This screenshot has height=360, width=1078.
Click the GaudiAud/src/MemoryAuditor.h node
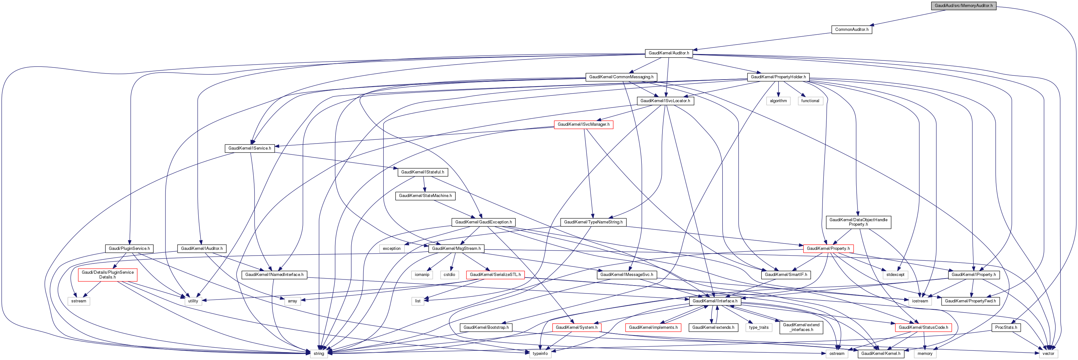(x=963, y=6)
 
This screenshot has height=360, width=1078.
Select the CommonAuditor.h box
(x=851, y=30)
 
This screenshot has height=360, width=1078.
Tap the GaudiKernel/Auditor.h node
(x=669, y=53)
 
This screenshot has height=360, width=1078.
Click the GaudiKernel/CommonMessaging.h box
(x=621, y=77)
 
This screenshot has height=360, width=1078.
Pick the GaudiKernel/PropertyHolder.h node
(x=778, y=77)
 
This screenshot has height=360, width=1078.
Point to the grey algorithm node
(x=778, y=101)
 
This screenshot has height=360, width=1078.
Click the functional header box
(x=810, y=101)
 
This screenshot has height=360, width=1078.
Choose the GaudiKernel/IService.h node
(x=249, y=148)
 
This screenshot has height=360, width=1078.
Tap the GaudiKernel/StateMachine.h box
(x=425, y=195)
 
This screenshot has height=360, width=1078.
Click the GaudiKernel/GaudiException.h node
(x=483, y=222)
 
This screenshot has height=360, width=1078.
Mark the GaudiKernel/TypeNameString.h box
(x=593, y=222)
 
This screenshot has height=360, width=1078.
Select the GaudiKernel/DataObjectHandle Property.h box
(x=858, y=222)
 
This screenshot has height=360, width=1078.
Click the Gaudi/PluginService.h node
(x=129, y=249)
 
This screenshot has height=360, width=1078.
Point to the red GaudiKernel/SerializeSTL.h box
(x=495, y=275)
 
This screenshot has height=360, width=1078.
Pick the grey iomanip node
(x=422, y=275)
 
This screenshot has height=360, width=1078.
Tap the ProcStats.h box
(x=1006, y=327)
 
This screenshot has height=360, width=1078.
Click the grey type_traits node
(x=759, y=327)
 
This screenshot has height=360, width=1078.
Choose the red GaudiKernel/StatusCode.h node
(x=923, y=327)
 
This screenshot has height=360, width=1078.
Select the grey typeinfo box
(x=540, y=354)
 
